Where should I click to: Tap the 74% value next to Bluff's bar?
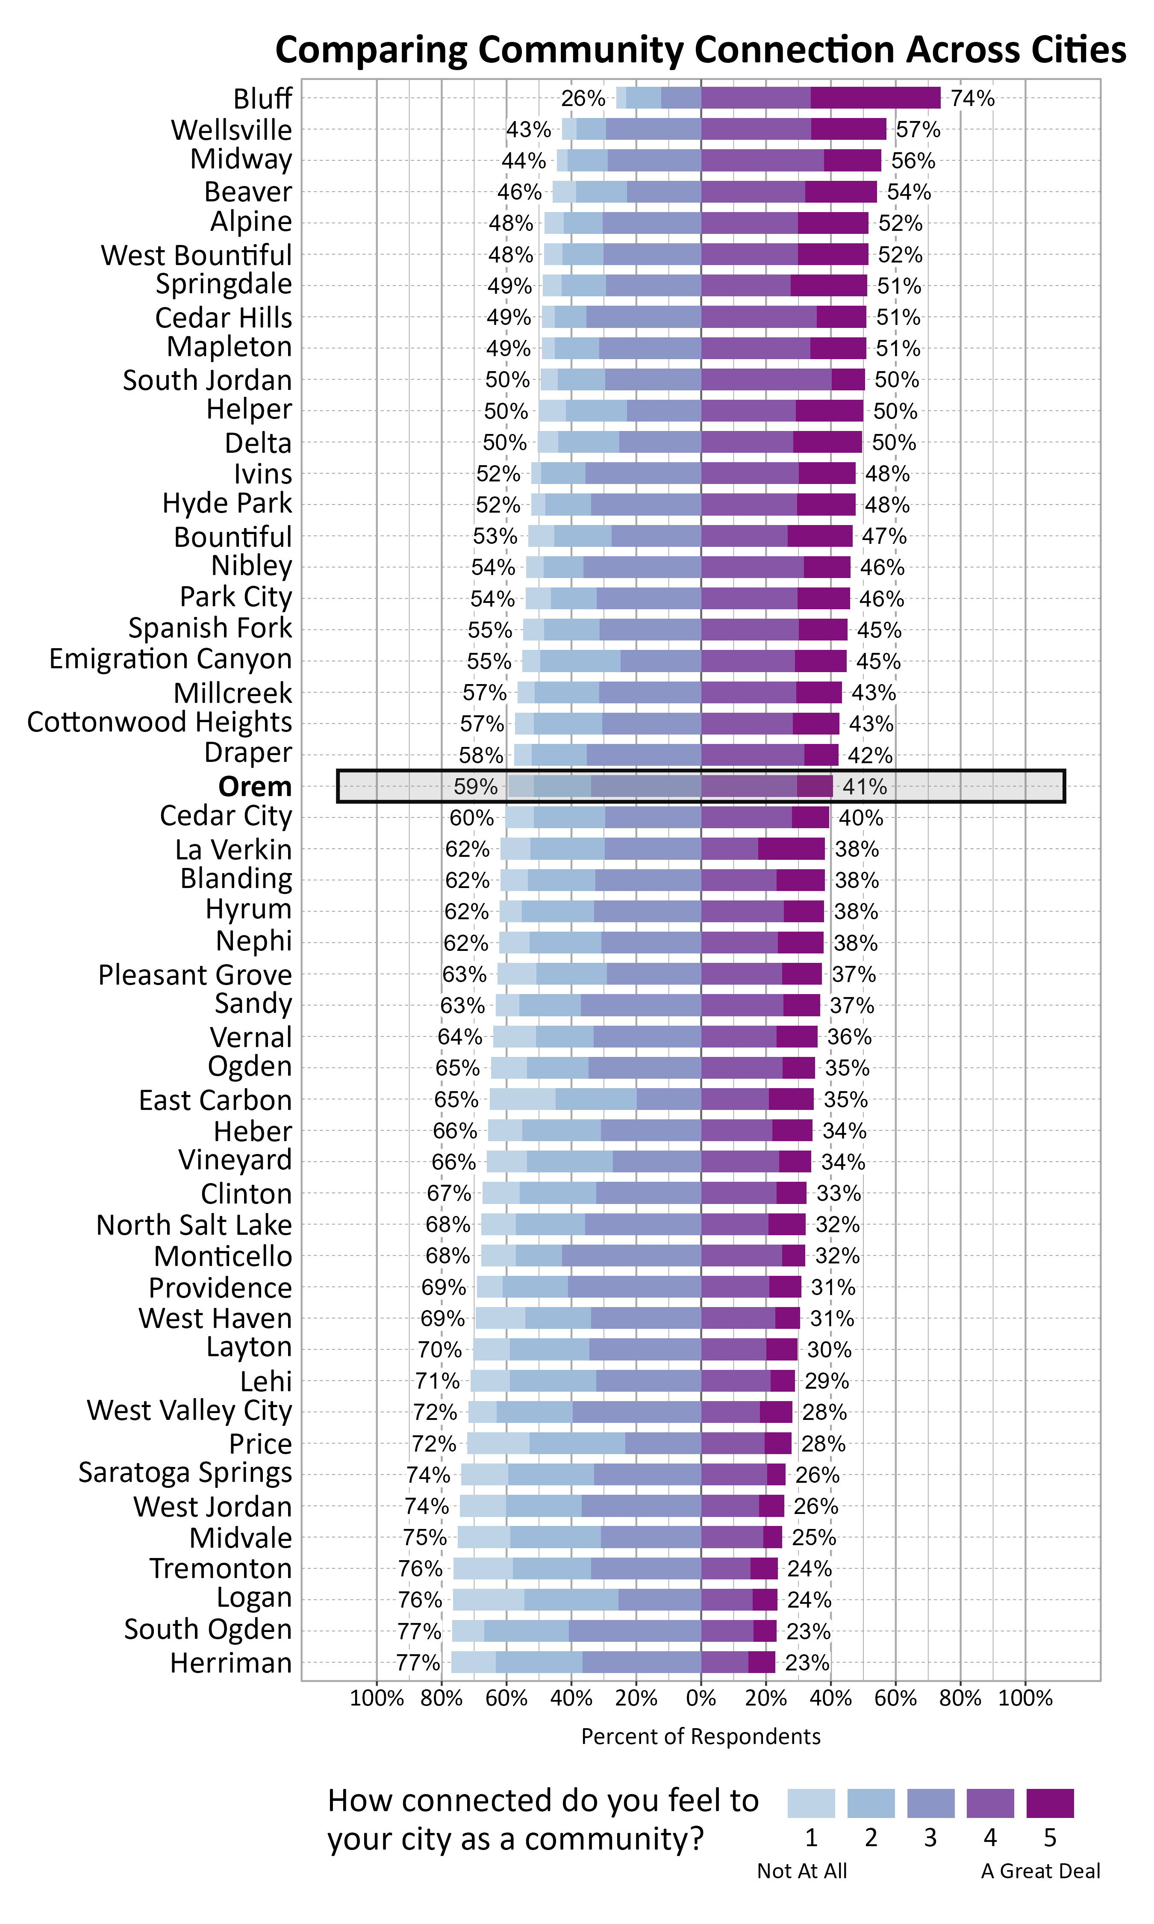click(x=972, y=98)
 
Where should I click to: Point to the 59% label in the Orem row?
click(x=475, y=786)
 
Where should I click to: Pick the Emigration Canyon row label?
click(x=170, y=659)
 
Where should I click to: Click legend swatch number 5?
click(x=1050, y=1803)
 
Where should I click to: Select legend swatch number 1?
click(x=811, y=1803)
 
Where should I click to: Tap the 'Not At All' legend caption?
click(x=802, y=1870)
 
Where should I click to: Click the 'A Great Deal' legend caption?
click(x=1040, y=1870)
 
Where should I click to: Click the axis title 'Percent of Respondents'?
click(x=701, y=1737)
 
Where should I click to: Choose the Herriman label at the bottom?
click(x=231, y=1663)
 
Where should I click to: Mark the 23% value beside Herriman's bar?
click(x=807, y=1663)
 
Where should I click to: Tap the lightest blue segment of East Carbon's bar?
click(x=523, y=1099)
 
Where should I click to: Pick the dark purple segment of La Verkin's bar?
click(x=792, y=848)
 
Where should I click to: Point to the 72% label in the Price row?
click(x=434, y=1443)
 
